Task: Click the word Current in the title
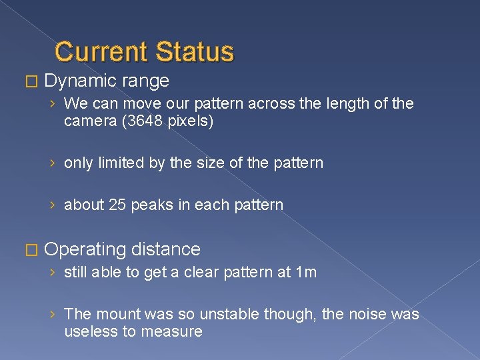(x=101, y=51)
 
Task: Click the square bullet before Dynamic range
(x=28, y=82)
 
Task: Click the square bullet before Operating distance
(x=28, y=250)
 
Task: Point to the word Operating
(x=85, y=249)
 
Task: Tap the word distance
(x=166, y=249)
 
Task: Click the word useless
(x=90, y=331)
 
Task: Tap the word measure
(x=175, y=331)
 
